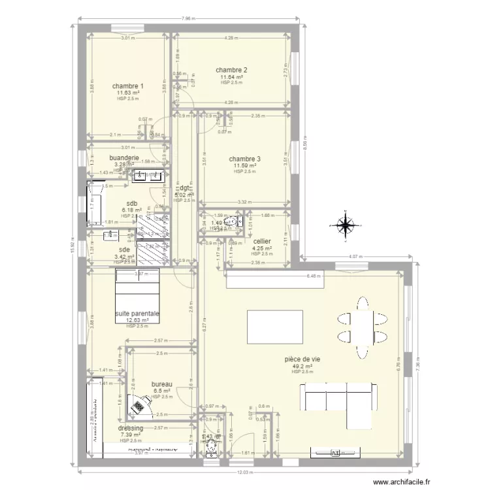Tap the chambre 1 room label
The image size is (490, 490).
coord(127,86)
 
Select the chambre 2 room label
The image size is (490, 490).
coord(231,71)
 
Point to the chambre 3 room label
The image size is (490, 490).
coord(244,159)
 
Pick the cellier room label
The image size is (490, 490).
coord(262,241)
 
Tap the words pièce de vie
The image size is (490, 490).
coord(301,359)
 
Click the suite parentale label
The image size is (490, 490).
coord(137,314)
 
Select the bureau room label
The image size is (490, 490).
coord(161,384)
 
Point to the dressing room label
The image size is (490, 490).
coord(131,428)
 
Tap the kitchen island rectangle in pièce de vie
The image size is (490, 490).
coord(274,324)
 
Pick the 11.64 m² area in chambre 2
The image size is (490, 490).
coord(231,77)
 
